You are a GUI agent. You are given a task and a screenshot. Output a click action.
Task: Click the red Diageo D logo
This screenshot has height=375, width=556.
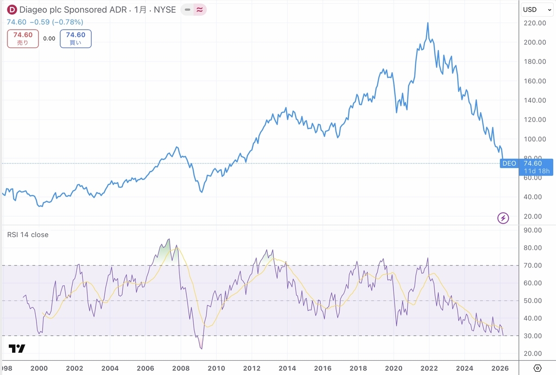click(12, 10)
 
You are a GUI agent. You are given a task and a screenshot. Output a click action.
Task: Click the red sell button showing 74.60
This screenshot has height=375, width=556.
click(23, 39)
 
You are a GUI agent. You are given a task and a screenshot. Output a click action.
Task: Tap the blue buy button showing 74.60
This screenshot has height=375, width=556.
click(76, 39)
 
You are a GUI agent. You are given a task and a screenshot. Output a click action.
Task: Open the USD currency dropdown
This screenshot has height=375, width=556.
click(537, 10)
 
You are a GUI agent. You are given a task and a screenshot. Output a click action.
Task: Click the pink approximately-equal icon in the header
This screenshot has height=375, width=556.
click(200, 10)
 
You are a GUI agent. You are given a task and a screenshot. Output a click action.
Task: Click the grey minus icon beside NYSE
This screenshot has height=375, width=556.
click(187, 10)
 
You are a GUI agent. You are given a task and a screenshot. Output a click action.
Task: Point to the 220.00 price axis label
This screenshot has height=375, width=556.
click(535, 23)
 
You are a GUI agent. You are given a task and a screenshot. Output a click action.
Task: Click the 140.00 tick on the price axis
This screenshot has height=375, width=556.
click(535, 100)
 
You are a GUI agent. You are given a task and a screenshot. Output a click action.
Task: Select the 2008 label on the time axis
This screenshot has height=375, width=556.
click(181, 369)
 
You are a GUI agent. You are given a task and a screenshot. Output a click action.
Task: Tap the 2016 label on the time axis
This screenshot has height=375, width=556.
click(322, 369)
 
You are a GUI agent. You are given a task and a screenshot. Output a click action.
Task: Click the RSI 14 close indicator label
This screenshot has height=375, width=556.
click(28, 235)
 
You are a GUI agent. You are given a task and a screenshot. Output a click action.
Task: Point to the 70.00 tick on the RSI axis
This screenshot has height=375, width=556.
click(533, 265)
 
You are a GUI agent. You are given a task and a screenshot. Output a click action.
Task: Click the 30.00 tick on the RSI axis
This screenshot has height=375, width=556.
click(533, 336)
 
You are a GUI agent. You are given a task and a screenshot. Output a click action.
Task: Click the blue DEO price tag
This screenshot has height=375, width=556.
click(509, 163)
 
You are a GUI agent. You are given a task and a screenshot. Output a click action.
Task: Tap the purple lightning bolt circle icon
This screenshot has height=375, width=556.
click(503, 218)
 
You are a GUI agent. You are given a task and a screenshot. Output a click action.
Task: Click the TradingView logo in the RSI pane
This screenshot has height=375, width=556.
click(17, 349)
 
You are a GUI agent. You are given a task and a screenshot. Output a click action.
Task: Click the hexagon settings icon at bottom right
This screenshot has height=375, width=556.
click(537, 368)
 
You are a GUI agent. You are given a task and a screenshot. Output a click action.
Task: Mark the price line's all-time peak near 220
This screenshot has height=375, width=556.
click(428, 23)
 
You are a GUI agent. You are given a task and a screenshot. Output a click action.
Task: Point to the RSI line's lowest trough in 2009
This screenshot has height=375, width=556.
click(202, 349)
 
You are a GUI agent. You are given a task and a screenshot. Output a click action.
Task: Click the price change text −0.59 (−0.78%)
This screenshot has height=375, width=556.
click(57, 22)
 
